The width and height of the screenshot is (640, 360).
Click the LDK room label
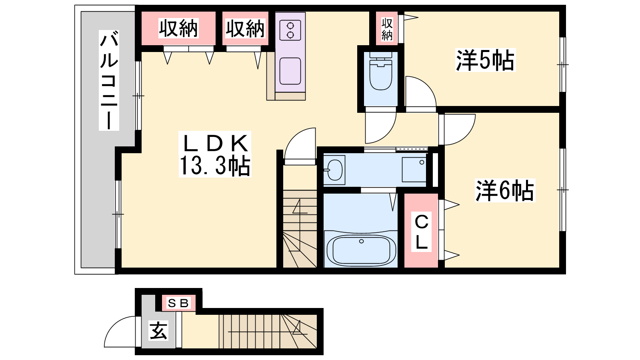[215, 144]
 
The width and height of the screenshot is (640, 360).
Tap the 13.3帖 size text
[215, 166]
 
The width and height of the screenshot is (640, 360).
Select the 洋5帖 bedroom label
[485, 60]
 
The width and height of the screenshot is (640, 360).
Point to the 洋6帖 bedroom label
[504, 190]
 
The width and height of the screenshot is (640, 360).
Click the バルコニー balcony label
[109, 80]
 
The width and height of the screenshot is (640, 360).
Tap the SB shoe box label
[178, 303]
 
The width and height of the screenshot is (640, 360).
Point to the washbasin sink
[335, 170]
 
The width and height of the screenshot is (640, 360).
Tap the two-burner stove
[290, 30]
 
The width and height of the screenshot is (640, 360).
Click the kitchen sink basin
[290, 71]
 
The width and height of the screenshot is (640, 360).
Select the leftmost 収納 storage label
[178, 28]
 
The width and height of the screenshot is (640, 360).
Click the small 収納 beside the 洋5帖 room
[387, 29]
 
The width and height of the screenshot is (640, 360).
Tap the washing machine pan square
[414, 170]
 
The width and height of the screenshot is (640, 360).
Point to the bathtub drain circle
[362, 242]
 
